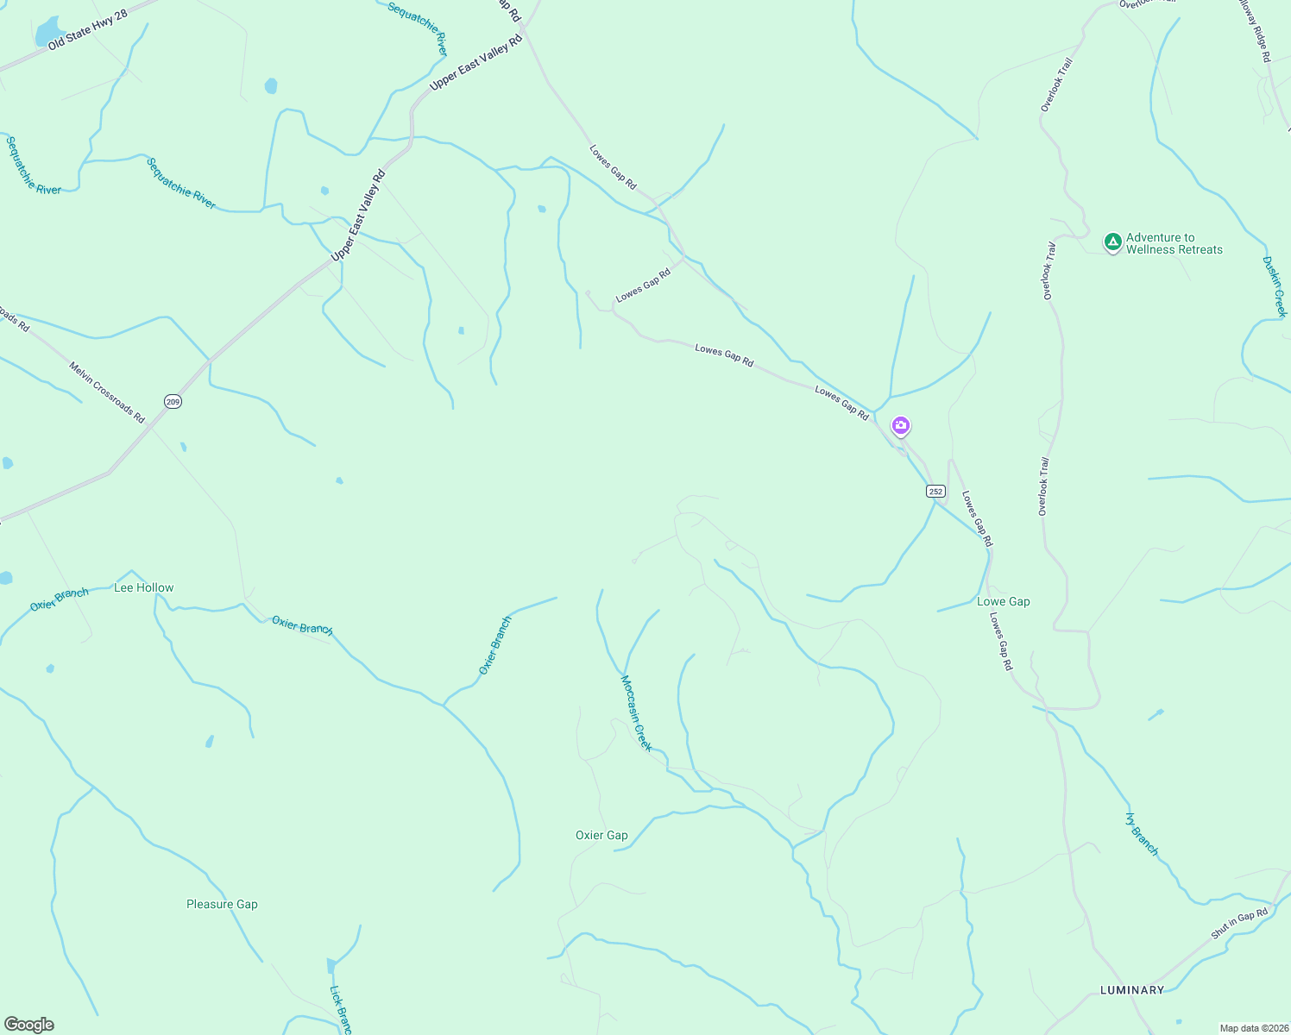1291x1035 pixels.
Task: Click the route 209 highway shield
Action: pyautogui.click(x=173, y=402)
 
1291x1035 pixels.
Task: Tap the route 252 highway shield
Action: pyautogui.click(x=936, y=492)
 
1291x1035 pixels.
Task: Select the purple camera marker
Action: pyautogui.click(x=901, y=425)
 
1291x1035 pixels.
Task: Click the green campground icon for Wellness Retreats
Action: pyautogui.click(x=1113, y=241)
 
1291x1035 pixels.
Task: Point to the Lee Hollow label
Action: pyautogui.click(x=144, y=587)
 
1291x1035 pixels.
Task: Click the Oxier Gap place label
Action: pyautogui.click(x=601, y=835)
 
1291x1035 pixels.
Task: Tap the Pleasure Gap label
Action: pyautogui.click(x=222, y=904)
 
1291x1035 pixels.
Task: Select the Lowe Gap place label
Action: pyautogui.click(x=1003, y=601)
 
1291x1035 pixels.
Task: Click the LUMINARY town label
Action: pyautogui.click(x=1132, y=990)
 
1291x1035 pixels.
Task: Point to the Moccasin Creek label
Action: pyautogui.click(x=637, y=712)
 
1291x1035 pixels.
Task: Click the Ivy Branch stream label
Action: pyautogui.click(x=1143, y=833)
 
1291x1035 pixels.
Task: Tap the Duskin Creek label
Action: pyautogui.click(x=1275, y=286)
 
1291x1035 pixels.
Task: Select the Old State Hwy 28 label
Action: pyautogui.click(x=88, y=30)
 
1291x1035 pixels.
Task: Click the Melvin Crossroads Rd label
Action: pyautogui.click(x=107, y=392)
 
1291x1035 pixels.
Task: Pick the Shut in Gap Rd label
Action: pyautogui.click(x=1239, y=923)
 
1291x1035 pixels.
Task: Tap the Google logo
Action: pyautogui.click(x=29, y=1025)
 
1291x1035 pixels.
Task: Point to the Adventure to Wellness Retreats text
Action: pyautogui.click(x=1174, y=243)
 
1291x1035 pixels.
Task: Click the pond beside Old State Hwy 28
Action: pyautogui.click(x=48, y=33)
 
